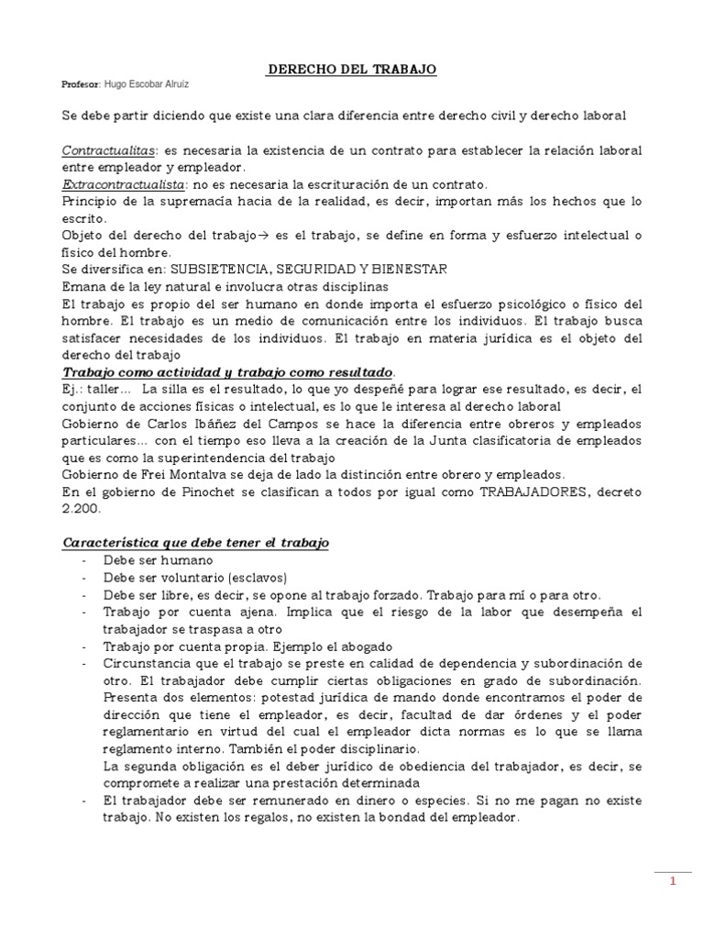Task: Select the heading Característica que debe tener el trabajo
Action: click(195, 543)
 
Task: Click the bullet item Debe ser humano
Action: click(158, 559)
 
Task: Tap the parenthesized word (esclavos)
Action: click(257, 577)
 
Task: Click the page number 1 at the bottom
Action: click(672, 882)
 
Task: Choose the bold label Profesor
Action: click(80, 84)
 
